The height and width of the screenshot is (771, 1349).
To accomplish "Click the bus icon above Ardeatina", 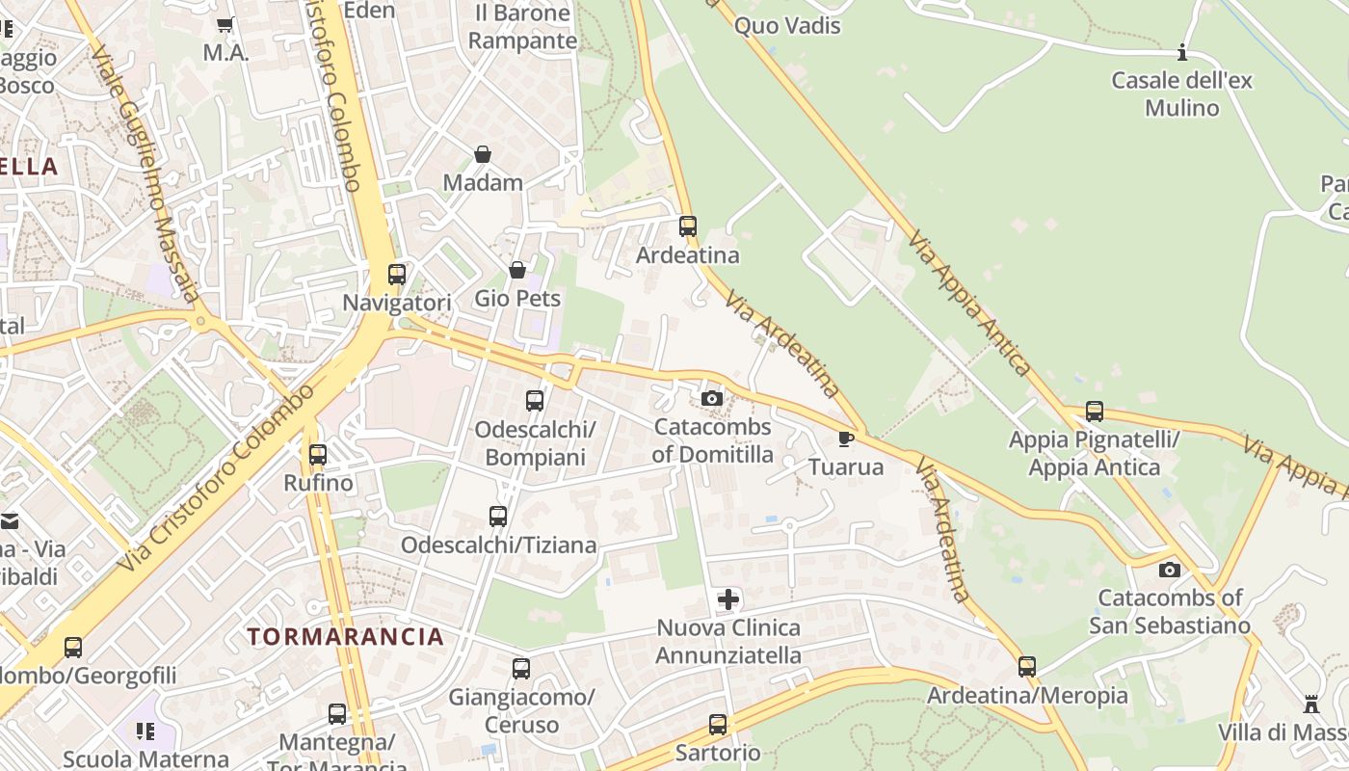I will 687,226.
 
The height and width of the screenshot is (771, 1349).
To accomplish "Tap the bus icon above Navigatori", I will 396,274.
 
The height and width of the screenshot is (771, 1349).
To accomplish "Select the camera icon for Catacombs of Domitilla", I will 712,398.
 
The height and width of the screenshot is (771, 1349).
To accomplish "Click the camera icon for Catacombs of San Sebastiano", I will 1169,570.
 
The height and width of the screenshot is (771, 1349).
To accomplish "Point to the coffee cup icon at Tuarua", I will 845,439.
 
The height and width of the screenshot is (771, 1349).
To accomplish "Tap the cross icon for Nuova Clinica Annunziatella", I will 728,599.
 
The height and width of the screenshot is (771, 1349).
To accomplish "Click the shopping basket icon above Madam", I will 483,154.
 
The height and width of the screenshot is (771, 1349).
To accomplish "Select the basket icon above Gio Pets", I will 517,270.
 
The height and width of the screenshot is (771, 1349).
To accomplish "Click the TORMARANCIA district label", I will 345,636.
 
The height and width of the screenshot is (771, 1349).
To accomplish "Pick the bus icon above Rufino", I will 317,454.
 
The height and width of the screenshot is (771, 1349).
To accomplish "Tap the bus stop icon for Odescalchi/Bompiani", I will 535,400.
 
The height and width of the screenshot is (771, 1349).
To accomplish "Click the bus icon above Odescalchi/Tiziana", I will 497,517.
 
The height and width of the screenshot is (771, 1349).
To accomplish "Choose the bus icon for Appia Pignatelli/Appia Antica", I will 1094,412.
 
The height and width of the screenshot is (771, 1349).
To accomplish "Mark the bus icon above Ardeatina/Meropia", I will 1027,666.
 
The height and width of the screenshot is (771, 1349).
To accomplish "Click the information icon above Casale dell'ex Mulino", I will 1182,52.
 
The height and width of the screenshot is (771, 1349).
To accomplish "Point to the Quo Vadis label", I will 787,26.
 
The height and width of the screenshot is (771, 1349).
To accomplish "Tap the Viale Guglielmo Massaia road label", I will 145,173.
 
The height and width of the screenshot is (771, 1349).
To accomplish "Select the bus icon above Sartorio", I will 717,725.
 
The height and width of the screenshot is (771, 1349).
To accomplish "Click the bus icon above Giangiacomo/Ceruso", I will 520,668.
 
